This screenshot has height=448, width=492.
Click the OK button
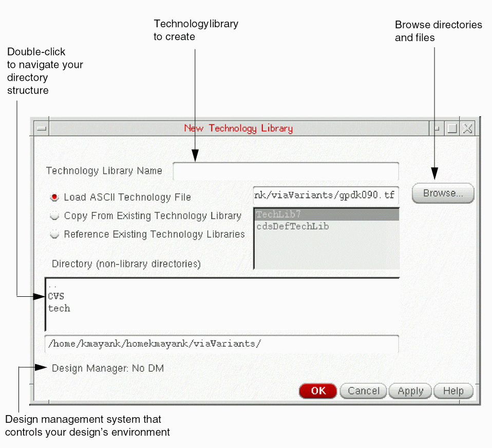(318, 391)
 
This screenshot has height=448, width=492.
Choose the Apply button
(410, 391)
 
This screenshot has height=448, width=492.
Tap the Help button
(453, 391)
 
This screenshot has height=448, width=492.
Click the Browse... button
(443, 193)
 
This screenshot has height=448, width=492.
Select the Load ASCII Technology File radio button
(54, 197)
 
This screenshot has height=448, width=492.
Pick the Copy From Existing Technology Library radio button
(54, 216)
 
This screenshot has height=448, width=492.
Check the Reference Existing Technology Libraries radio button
(54, 235)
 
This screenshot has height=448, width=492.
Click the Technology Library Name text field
(286, 171)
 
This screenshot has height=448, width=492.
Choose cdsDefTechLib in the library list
(292, 226)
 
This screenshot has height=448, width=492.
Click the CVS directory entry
(56, 296)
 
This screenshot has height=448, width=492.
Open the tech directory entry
(59, 309)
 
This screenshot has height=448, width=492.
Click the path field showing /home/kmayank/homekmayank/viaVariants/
(221, 344)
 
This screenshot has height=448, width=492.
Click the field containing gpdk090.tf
(326, 195)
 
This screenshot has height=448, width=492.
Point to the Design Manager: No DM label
(108, 368)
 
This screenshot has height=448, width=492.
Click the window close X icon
(467, 129)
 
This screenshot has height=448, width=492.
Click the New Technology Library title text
(238, 129)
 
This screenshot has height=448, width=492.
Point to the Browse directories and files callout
(438, 31)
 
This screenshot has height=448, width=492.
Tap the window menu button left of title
(42, 129)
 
